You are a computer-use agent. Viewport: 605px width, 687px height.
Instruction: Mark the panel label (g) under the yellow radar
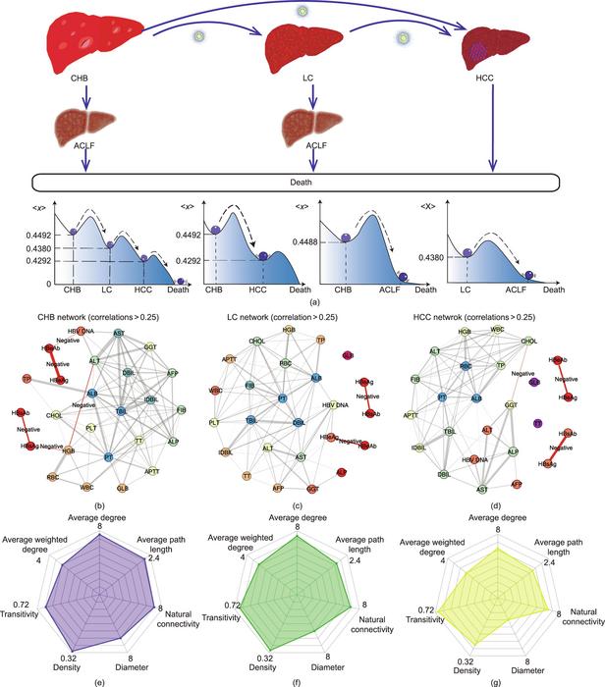(x=499, y=676)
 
